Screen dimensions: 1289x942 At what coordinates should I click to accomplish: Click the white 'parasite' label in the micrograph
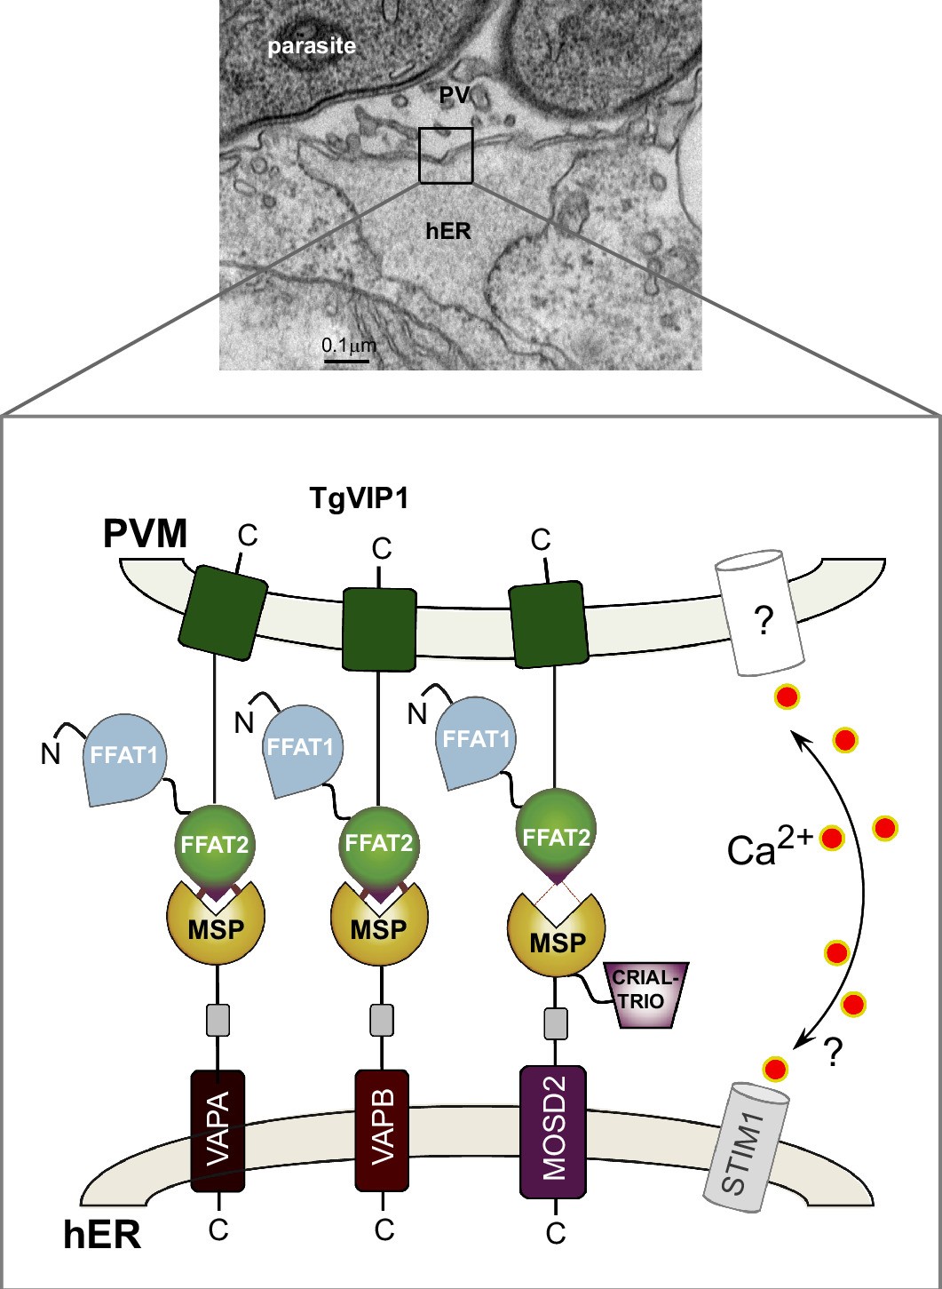pyautogui.click(x=312, y=45)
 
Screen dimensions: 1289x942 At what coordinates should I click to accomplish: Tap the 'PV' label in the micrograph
pyautogui.click(x=454, y=93)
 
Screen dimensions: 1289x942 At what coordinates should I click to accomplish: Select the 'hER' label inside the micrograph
pyautogui.click(x=448, y=231)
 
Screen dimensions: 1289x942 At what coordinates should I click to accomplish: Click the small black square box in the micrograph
pyautogui.click(x=446, y=155)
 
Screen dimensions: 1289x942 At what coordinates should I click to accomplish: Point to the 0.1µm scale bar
pyautogui.click(x=346, y=359)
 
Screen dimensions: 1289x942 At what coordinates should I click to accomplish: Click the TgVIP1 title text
pyautogui.click(x=359, y=498)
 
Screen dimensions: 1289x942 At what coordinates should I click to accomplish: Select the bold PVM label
pyautogui.click(x=146, y=535)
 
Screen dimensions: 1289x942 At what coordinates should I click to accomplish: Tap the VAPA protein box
pyautogui.click(x=218, y=1129)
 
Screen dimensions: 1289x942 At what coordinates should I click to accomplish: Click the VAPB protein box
pyautogui.click(x=382, y=1129)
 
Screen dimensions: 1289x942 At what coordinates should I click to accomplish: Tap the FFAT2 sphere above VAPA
pyautogui.click(x=215, y=840)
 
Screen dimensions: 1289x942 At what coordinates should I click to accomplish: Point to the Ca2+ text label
pyautogui.click(x=768, y=848)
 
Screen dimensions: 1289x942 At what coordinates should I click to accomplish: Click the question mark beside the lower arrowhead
pyautogui.click(x=832, y=1053)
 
